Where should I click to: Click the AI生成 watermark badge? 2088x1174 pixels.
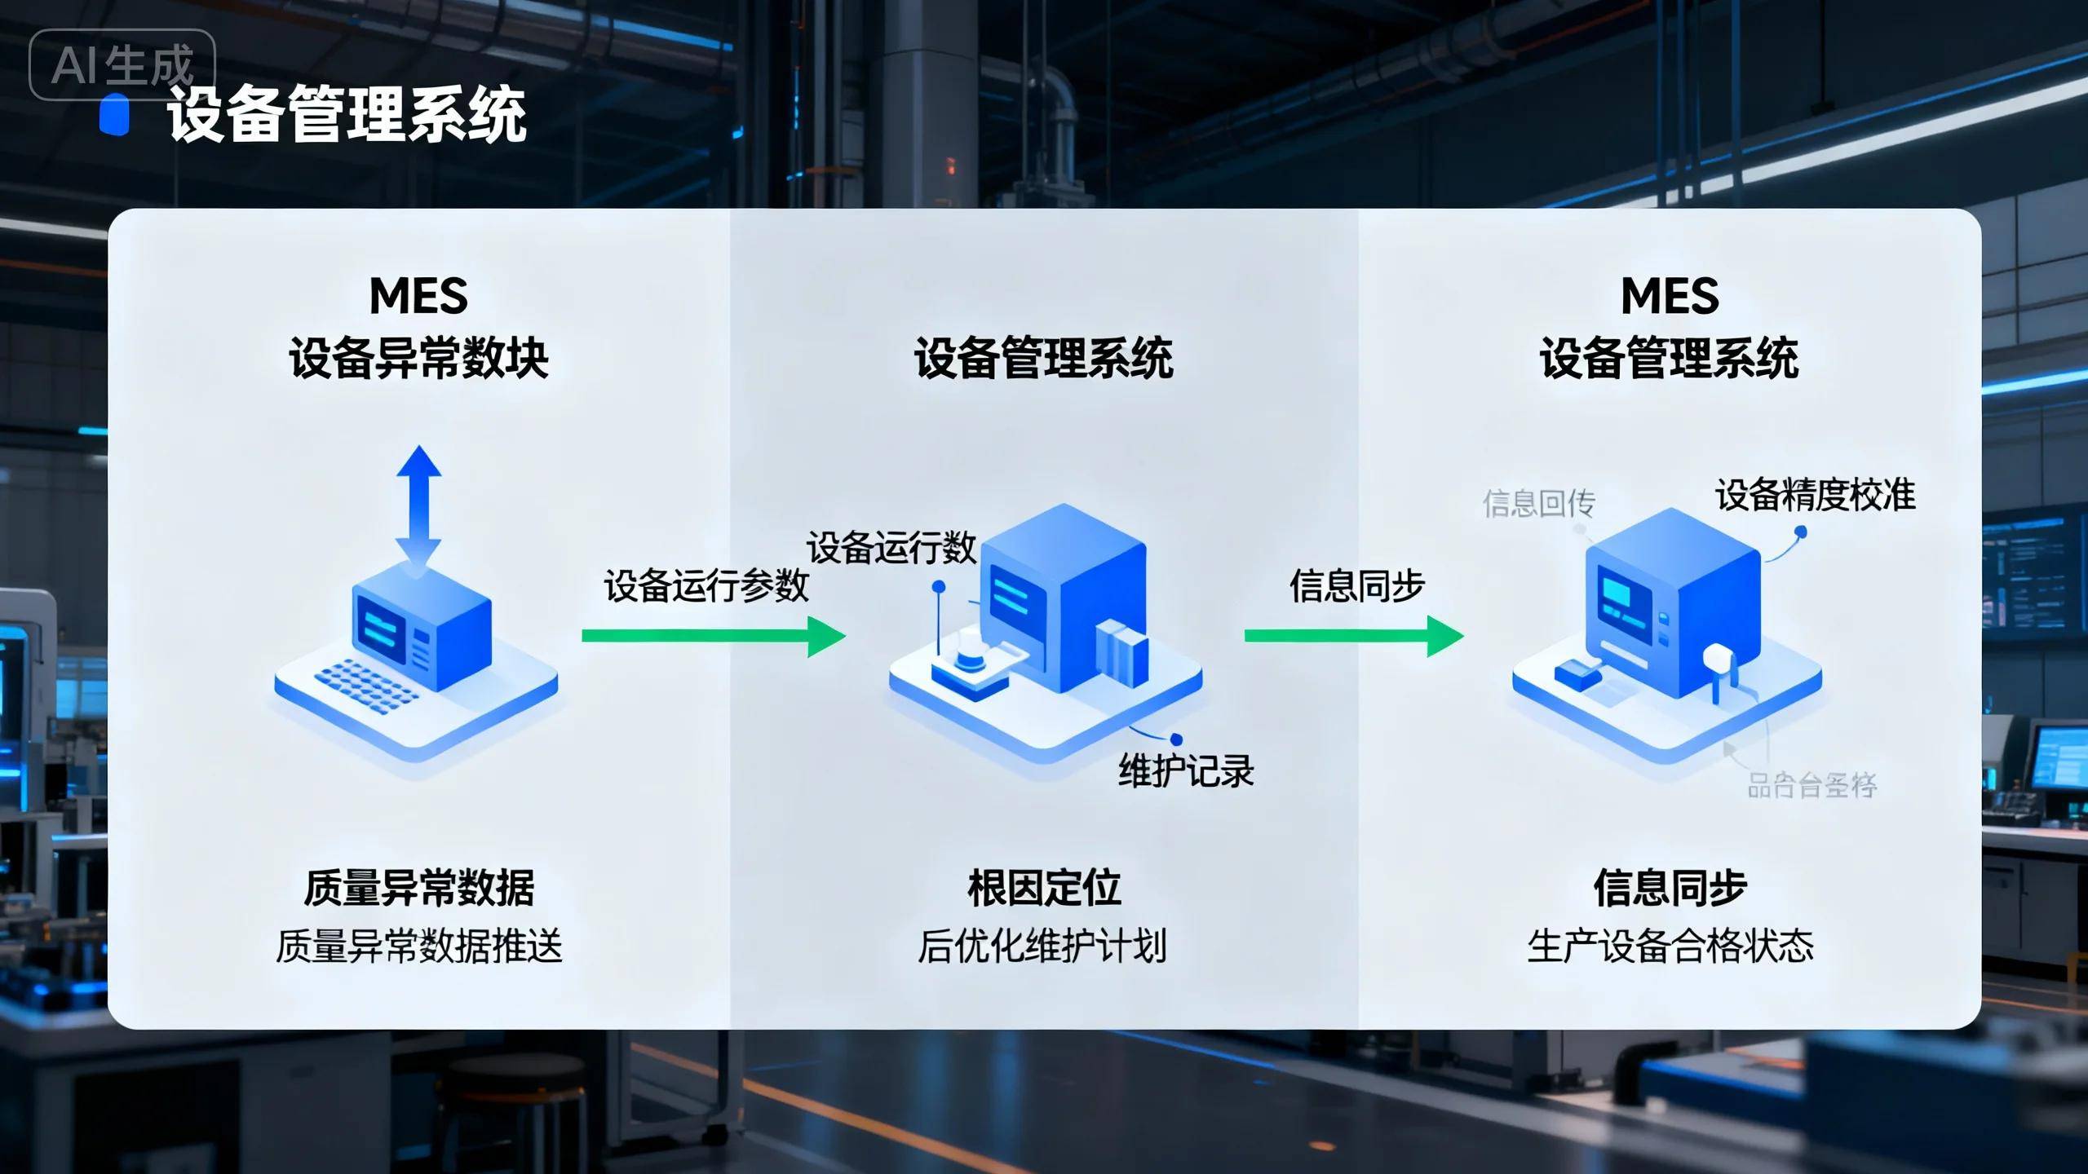click(122, 65)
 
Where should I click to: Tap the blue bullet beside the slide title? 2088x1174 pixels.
click(115, 114)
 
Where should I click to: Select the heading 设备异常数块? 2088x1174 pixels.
click(418, 359)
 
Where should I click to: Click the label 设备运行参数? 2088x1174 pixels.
click(706, 585)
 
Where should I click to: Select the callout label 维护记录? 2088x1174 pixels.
click(1186, 771)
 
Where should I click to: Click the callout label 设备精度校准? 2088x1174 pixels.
click(1816, 495)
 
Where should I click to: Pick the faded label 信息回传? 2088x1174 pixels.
click(1538, 503)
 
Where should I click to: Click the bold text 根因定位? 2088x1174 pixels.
click(1044, 888)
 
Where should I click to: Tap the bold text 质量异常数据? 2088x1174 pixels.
click(418, 888)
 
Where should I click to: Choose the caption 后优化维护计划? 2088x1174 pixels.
click(1042, 947)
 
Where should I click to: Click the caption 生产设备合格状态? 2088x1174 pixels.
click(1670, 947)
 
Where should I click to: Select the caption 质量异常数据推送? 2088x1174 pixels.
click(418, 947)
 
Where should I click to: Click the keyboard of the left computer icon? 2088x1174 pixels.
click(367, 686)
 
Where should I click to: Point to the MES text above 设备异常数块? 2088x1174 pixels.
click(418, 295)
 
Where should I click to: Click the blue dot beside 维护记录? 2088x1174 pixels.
click(1176, 739)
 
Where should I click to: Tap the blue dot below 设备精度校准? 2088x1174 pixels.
click(1801, 532)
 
